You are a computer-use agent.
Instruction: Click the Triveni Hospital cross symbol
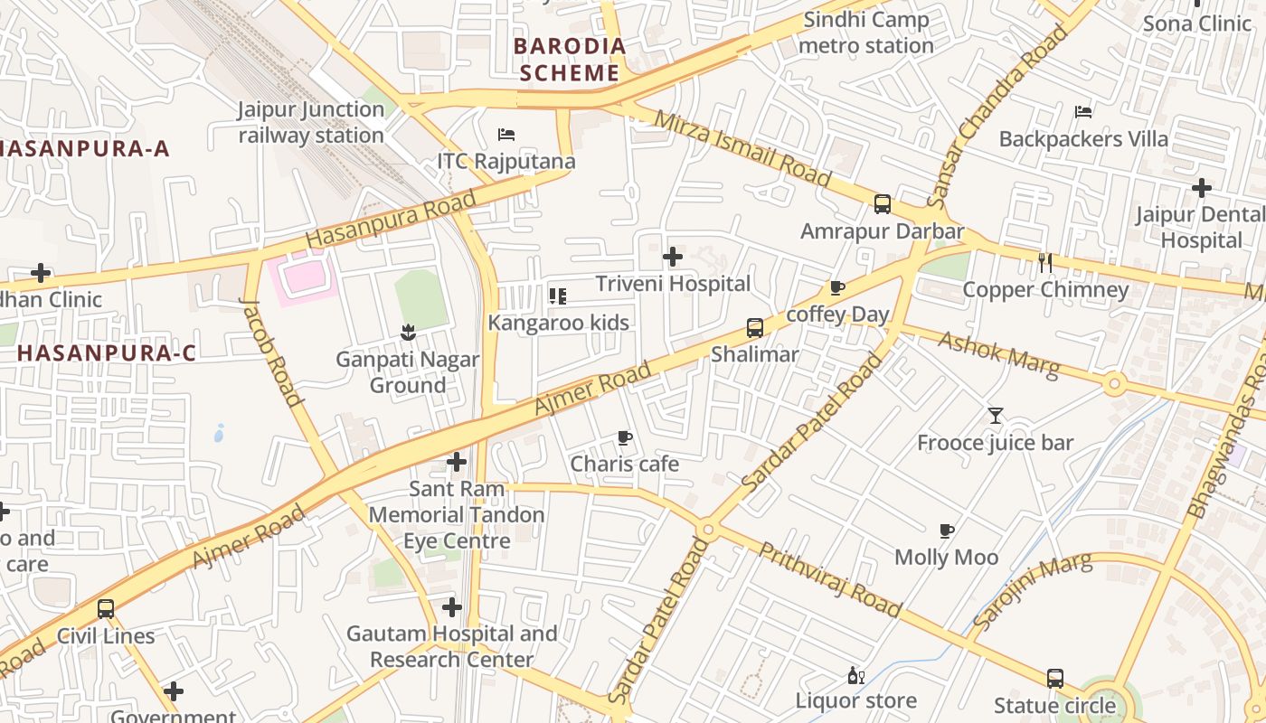[672, 257]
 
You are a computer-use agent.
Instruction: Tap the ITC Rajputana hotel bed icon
[506, 135]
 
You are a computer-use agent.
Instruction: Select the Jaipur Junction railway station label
[311, 123]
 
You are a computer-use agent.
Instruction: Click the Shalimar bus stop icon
[754, 327]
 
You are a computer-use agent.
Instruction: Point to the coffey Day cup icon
[837, 288]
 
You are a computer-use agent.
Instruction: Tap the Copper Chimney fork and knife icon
[1045, 263]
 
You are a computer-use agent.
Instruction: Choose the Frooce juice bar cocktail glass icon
[995, 416]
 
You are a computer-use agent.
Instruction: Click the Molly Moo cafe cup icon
[947, 531]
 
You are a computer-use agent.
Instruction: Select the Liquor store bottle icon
[855, 675]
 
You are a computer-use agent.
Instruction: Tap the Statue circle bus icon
[1054, 678]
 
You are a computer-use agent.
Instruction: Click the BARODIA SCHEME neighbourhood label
[569, 60]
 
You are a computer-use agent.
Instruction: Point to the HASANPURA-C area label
[106, 353]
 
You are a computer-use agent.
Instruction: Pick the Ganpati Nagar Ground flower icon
[407, 332]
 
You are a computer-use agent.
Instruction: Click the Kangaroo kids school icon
[558, 296]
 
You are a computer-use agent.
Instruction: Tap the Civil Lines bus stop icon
[106, 608]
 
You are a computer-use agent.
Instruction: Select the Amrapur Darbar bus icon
[883, 204]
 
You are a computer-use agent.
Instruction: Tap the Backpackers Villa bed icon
[1083, 112]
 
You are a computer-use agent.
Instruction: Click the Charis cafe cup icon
[624, 437]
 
